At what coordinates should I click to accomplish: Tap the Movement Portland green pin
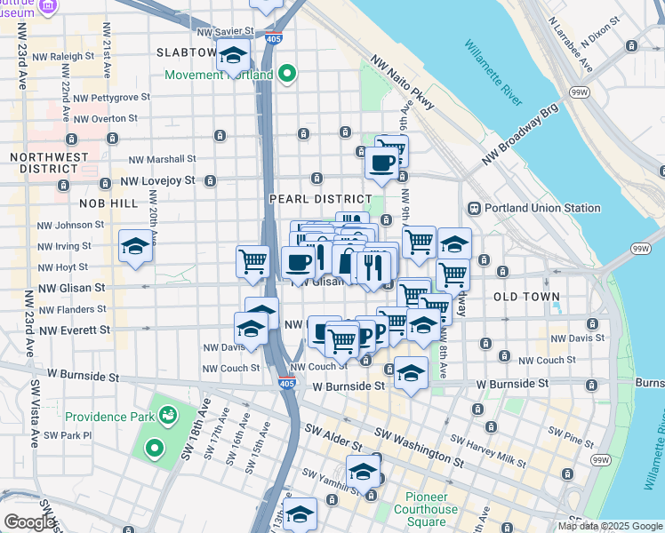tap(286, 75)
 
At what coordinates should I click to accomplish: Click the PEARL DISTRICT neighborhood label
tap(321, 199)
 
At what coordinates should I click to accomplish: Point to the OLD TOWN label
tap(526, 297)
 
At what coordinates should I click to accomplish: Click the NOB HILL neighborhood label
tap(111, 203)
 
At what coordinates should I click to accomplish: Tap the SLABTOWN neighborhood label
tap(187, 52)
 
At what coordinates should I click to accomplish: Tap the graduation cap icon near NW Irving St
tap(135, 246)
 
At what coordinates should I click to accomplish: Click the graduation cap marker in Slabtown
tap(233, 55)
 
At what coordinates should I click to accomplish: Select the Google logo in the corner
tap(28, 522)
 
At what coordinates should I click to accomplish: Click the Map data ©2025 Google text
tap(610, 526)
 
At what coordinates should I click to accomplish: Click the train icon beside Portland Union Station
tap(475, 209)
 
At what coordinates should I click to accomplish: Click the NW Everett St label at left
tap(74, 330)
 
